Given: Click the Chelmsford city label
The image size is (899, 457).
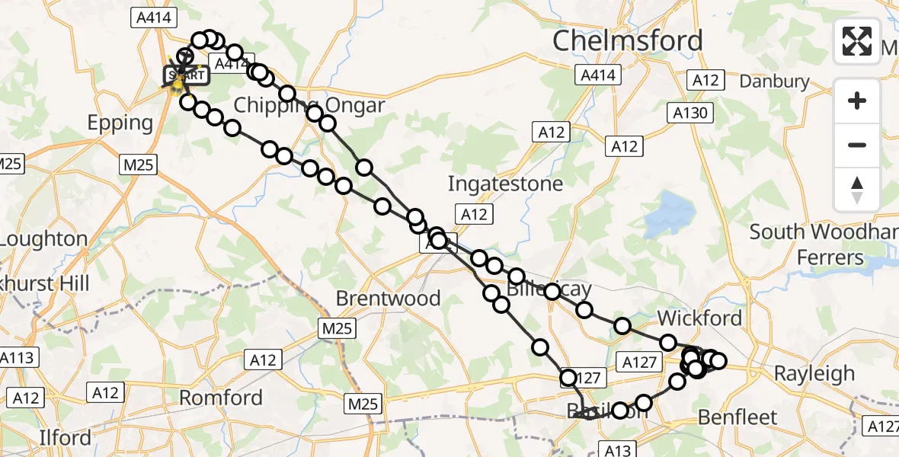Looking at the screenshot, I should (x=627, y=41).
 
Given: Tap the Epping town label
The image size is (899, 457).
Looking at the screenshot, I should (x=120, y=123).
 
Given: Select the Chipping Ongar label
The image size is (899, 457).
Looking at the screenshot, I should (x=309, y=104).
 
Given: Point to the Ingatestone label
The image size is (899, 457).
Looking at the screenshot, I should (x=505, y=184).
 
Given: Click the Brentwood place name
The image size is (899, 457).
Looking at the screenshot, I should (x=388, y=298).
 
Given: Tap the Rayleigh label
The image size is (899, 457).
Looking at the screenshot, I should (x=814, y=373).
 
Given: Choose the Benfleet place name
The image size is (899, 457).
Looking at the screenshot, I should (x=737, y=417).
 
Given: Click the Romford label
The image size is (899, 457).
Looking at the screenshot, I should (x=220, y=397).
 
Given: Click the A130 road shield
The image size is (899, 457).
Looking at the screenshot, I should (x=692, y=113).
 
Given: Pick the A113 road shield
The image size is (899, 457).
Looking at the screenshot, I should (x=15, y=357).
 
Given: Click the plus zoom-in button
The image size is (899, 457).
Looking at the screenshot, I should (x=857, y=101).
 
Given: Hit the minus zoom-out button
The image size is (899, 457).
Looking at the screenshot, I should (x=857, y=145).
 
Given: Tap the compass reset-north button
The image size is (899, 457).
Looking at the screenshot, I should (x=857, y=190).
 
